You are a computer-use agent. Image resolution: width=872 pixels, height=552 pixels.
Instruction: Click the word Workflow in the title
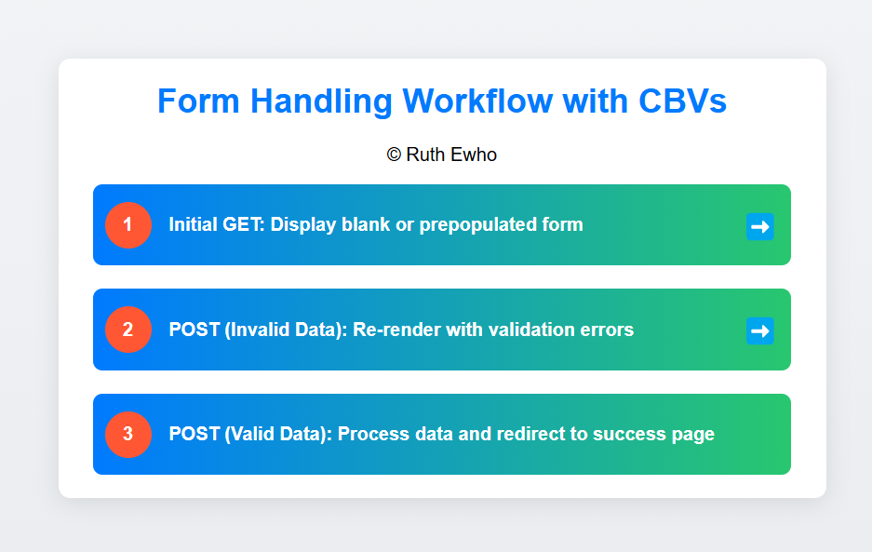coord(477,101)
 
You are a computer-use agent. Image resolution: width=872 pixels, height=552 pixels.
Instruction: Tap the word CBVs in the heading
coord(682,101)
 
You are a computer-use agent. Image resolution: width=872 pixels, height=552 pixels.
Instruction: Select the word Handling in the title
coord(321,102)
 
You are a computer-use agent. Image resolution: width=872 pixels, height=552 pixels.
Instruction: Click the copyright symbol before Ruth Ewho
coord(394,155)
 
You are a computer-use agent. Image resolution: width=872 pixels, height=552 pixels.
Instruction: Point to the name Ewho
coord(474,155)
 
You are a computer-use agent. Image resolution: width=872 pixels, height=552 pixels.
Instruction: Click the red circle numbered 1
coord(128,225)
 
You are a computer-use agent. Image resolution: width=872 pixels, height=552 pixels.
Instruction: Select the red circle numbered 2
coord(128,330)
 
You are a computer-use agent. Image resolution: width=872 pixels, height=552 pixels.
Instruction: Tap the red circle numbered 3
coord(128,434)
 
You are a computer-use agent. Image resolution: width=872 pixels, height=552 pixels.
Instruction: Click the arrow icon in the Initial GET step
coord(760,226)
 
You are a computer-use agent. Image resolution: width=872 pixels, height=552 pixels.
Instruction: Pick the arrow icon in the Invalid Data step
coord(760,330)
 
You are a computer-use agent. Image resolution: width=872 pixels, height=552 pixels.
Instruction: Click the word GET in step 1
coord(244,224)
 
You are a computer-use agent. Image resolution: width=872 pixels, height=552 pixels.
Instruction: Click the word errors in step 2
coord(608,330)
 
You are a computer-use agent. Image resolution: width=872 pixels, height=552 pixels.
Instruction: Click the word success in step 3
coord(629,434)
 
